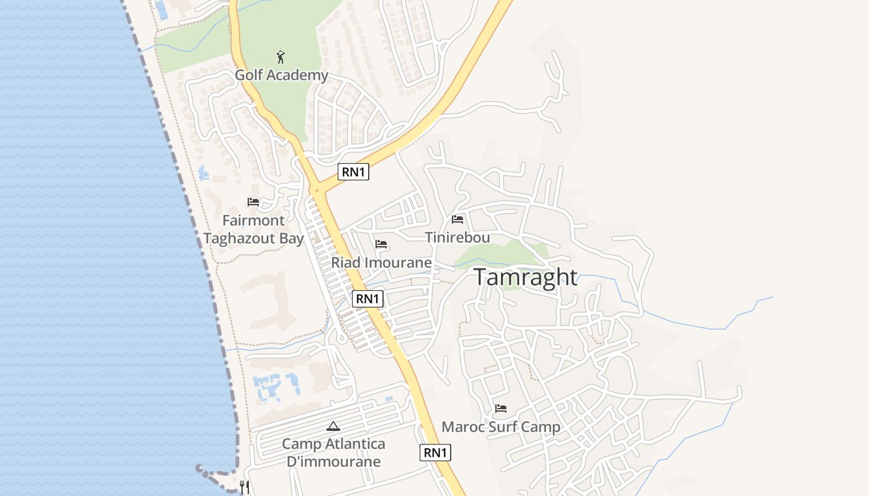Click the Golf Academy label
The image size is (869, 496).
281,75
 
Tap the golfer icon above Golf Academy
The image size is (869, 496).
281,57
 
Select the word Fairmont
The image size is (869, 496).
253,220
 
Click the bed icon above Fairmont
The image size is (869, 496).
253,202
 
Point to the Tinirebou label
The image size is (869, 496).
457,237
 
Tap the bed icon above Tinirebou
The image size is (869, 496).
457,219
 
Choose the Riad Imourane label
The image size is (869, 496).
381,262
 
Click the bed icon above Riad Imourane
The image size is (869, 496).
381,244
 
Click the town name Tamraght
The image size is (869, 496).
526,277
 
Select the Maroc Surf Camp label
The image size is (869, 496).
501,427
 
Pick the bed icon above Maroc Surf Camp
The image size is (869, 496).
501,409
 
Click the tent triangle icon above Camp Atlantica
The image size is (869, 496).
333,426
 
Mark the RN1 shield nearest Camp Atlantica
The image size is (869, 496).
435,453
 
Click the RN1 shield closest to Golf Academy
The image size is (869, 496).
353,172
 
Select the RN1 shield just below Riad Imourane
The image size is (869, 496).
367,299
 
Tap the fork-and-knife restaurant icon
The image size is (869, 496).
245,487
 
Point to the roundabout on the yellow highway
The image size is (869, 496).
317,190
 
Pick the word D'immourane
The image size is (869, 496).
333,461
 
